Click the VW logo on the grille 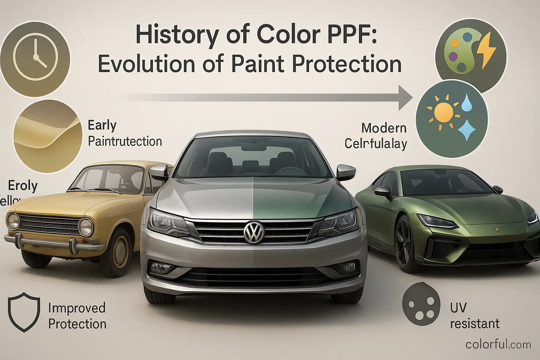click(x=254, y=232)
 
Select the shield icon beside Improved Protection click(x=24, y=311)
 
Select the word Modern click(x=384, y=128)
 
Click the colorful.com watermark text click(x=498, y=344)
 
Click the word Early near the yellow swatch click(x=102, y=125)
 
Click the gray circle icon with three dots click(x=421, y=304)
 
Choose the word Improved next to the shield click(x=77, y=308)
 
